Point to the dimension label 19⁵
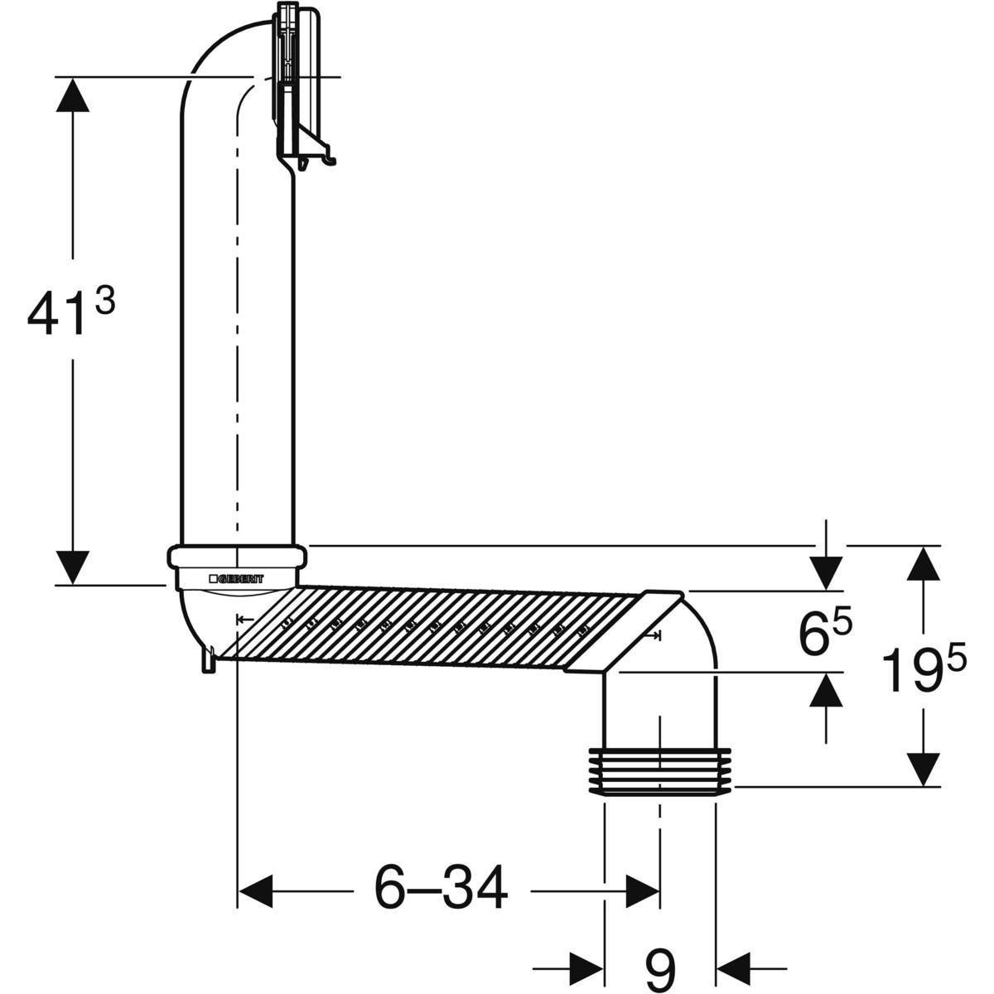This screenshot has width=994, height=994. click(924, 669)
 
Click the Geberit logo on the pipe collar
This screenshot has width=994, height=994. click(237, 578)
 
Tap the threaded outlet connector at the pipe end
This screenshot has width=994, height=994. click(660, 770)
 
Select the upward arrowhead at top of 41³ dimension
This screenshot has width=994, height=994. click(74, 98)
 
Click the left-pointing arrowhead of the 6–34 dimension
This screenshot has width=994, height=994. click(257, 891)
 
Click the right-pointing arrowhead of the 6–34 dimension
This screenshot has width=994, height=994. click(642, 891)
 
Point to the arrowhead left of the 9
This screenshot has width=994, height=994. click(584, 966)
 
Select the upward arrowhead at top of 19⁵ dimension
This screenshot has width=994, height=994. click(924, 566)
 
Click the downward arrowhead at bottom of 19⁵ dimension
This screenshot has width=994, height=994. click(924, 767)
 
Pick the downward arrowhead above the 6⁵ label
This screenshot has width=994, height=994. click(826, 572)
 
